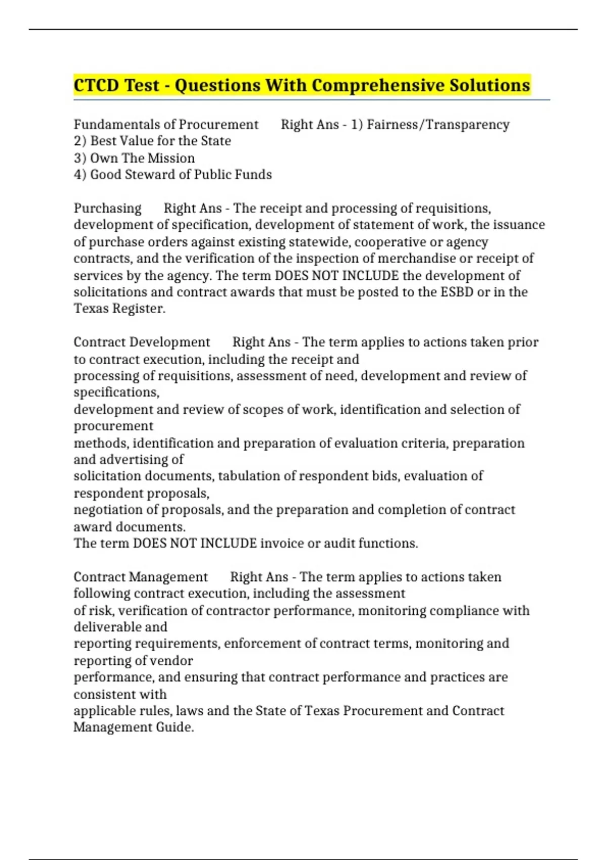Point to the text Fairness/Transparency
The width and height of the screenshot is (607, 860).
pyautogui.click(x=438, y=124)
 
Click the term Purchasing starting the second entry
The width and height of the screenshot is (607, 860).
pyautogui.click(x=108, y=208)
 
